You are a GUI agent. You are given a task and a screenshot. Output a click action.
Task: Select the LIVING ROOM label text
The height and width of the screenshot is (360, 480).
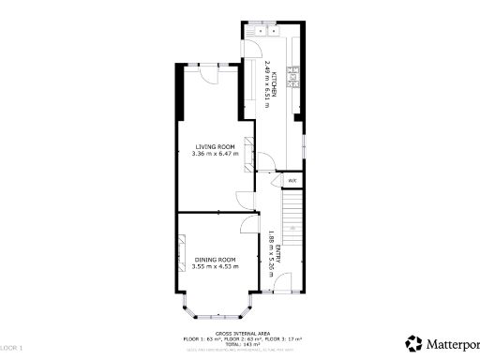[213, 147]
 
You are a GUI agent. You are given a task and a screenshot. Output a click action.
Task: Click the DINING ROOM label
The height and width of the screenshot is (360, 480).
[215, 259]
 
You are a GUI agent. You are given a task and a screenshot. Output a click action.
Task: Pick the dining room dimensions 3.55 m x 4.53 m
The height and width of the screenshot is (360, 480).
[215, 266]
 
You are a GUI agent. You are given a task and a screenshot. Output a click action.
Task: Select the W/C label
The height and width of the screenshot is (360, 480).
[292, 180]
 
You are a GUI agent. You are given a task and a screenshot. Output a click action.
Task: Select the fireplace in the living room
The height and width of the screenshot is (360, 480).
[249, 153]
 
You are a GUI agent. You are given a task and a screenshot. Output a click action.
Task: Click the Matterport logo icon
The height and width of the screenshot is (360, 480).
[412, 343]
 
